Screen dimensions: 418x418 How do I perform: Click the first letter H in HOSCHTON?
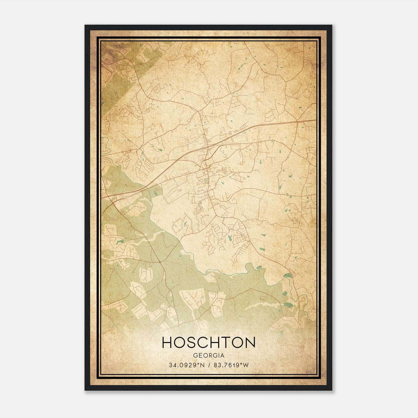click(167, 342)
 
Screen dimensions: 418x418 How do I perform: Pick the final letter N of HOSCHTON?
click(250, 342)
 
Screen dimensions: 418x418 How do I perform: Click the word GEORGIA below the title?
click(208, 356)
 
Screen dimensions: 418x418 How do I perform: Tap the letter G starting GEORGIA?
click(195, 356)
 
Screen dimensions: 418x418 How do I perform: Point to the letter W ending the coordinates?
click(246, 365)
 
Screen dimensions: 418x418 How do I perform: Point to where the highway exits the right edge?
click(315, 120)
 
